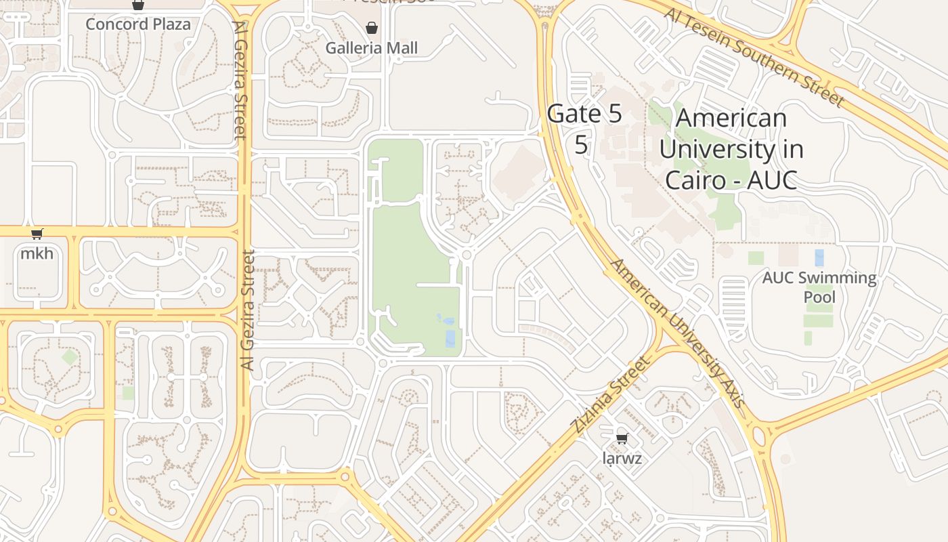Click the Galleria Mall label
(x=371, y=48)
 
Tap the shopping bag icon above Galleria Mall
(x=371, y=28)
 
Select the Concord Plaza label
(x=138, y=24)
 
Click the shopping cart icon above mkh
(x=37, y=234)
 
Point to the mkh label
(x=37, y=254)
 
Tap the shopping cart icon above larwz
(x=622, y=438)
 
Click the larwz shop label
(x=622, y=459)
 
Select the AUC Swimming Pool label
(x=819, y=287)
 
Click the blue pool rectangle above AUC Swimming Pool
(x=819, y=257)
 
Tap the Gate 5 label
(x=584, y=114)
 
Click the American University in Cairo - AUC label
(x=731, y=149)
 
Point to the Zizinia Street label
(x=609, y=395)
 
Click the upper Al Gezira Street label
(x=240, y=80)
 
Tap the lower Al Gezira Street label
(x=248, y=310)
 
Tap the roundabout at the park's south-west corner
(x=383, y=364)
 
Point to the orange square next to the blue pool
(x=788, y=255)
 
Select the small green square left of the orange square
(x=756, y=258)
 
